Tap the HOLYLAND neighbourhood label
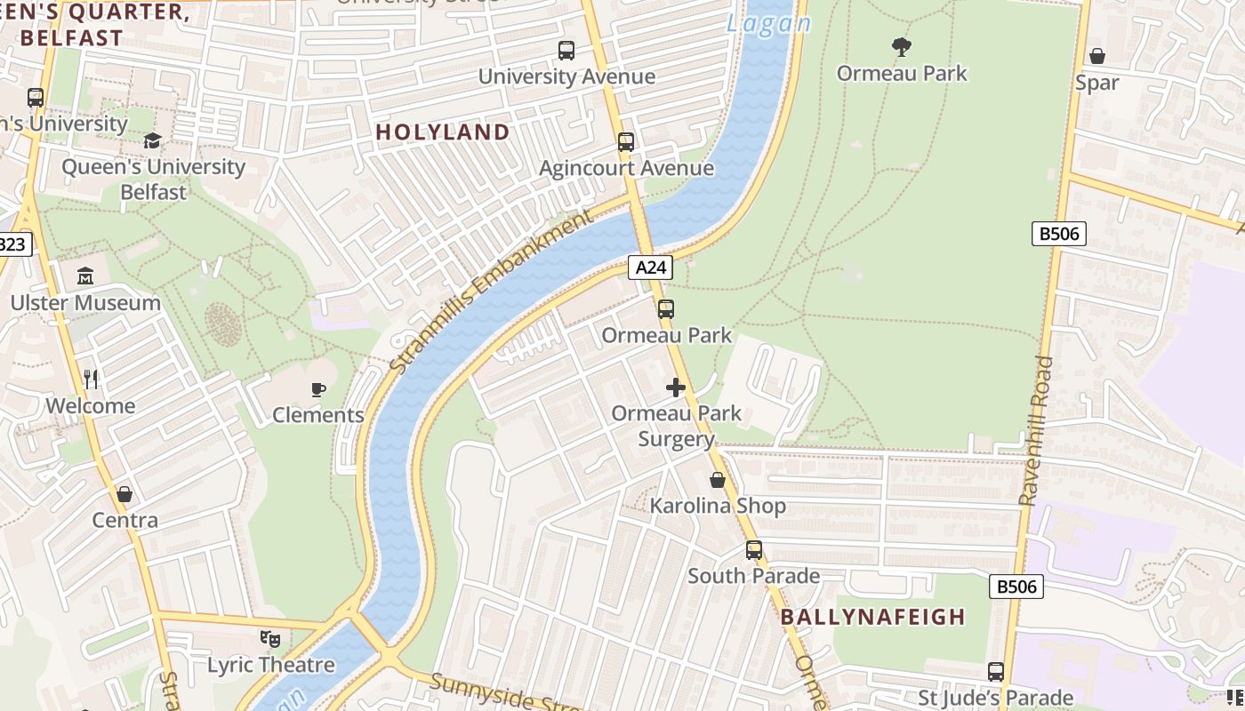443,132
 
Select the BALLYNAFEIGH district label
872,617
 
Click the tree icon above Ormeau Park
901,46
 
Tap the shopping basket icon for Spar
1097,56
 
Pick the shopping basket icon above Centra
124,494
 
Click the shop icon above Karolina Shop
718,480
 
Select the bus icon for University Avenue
566,51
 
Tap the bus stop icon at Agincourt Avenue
626,142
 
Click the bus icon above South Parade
754,550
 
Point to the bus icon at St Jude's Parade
996,672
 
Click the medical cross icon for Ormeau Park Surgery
676,387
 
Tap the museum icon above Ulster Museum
85,276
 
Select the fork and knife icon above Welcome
91,379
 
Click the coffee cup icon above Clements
318,389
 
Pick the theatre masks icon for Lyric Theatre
270,638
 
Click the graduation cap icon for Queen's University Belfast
153,141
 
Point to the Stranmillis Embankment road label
491,292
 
